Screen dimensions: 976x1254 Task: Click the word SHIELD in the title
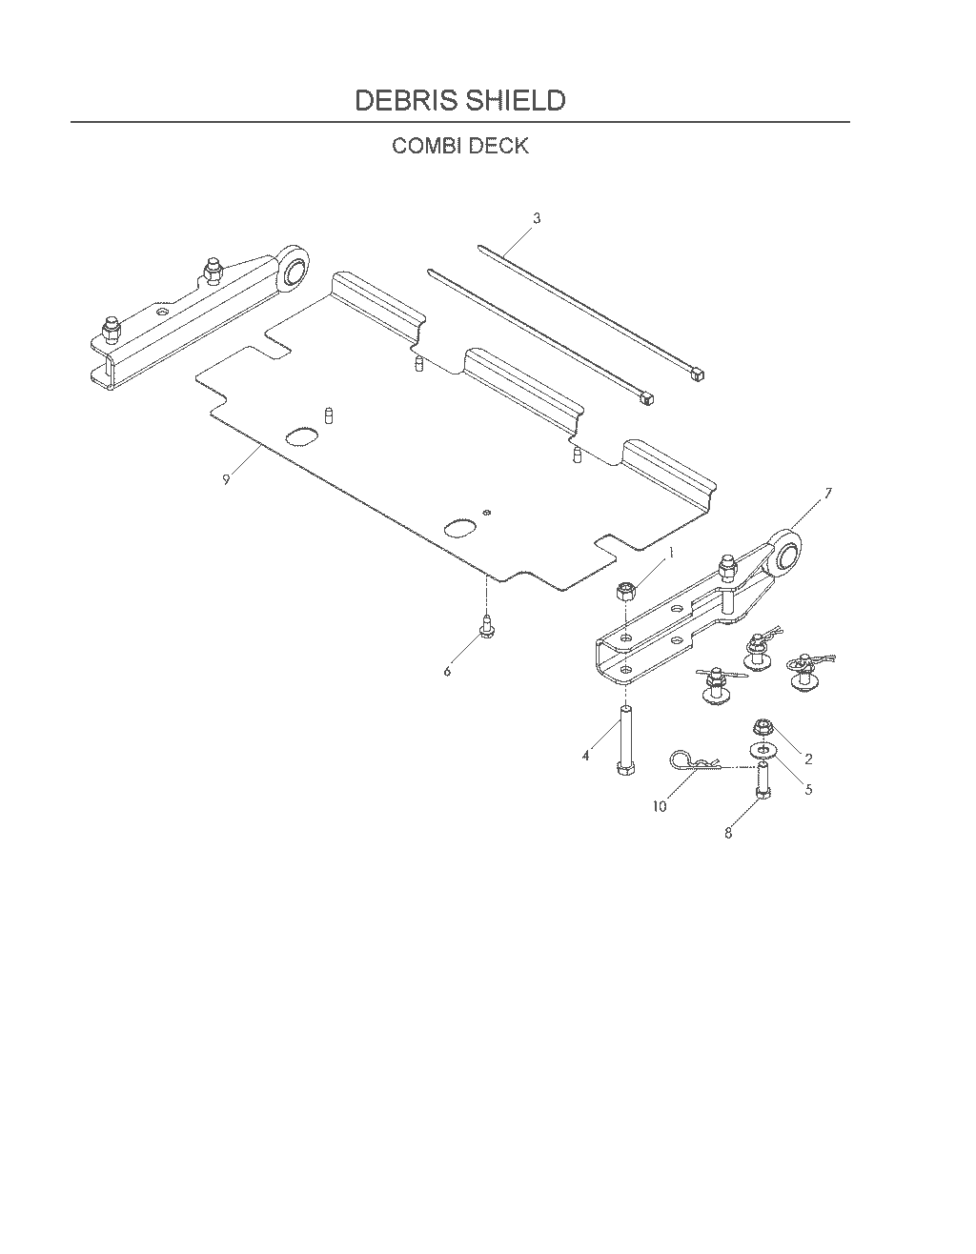[516, 100]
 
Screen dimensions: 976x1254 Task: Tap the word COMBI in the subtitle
[427, 146]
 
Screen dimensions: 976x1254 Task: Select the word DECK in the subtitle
[498, 146]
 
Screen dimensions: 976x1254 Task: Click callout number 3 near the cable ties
[537, 218]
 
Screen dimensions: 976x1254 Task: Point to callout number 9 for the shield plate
[226, 479]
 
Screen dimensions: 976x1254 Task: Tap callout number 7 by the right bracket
[828, 494]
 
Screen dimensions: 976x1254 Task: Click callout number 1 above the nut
[671, 553]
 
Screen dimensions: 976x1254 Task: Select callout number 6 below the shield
[447, 671]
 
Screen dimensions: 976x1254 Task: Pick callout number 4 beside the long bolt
[586, 756]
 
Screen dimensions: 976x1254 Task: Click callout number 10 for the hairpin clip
[660, 806]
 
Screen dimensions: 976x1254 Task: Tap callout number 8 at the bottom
[728, 834]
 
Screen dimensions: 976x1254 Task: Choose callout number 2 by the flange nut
[808, 758]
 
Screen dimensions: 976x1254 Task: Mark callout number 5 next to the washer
[808, 789]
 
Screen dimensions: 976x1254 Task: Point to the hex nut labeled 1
[625, 592]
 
